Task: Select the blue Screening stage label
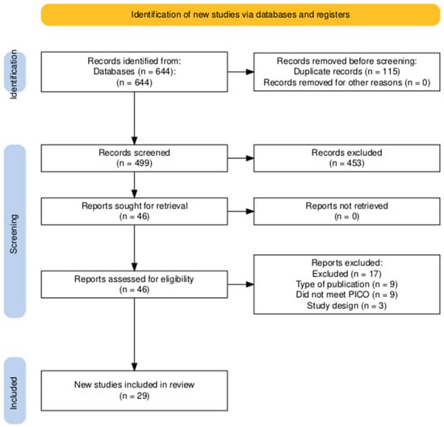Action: pyautogui.click(x=14, y=230)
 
